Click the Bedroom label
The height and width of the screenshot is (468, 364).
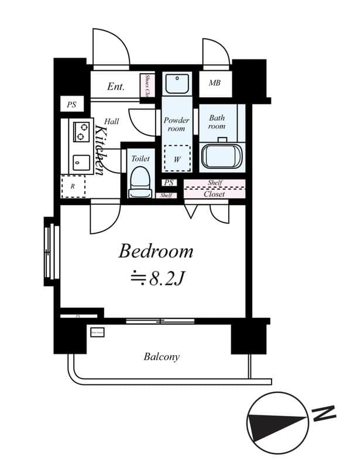156,252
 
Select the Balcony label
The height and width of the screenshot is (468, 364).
162,356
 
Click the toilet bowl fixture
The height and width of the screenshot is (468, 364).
139,181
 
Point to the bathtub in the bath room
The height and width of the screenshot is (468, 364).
221,156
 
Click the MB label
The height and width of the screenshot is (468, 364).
215,83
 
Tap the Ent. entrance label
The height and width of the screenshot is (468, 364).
115,87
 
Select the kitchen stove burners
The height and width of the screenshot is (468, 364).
80,133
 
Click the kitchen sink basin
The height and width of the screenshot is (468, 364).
78,161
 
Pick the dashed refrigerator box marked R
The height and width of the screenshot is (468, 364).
73,187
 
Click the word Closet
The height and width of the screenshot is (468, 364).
214,194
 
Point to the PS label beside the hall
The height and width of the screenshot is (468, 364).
71,105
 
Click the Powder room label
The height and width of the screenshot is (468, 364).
176,124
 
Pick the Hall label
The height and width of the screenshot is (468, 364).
112,121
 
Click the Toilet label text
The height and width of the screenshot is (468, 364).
140,159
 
